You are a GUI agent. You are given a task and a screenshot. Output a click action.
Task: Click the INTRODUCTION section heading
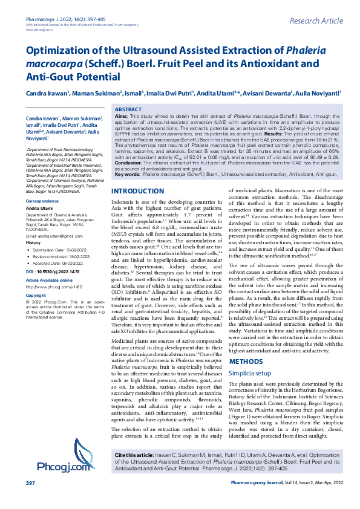point(139,158)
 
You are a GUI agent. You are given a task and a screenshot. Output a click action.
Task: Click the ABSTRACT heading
point(128,109)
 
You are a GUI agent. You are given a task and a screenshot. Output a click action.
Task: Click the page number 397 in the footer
point(30,501)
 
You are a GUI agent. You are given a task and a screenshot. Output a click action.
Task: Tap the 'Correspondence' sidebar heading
point(42,200)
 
